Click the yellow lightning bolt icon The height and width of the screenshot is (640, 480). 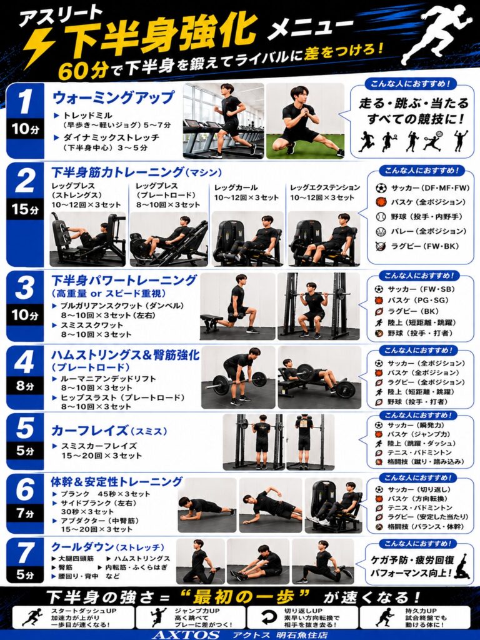[x=39, y=48]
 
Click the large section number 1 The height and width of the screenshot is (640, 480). [x=25, y=101]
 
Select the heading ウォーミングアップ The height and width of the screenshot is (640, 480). [x=114, y=97]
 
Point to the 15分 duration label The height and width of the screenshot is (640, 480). [x=25, y=209]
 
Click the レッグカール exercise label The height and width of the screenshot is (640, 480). [x=236, y=187]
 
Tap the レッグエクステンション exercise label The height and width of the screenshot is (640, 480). [x=325, y=187]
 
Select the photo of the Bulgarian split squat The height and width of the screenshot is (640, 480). [x=237, y=306]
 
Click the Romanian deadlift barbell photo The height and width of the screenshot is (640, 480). [x=238, y=377]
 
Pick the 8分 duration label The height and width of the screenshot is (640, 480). [x=25, y=386]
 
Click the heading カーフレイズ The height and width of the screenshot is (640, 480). [x=89, y=431]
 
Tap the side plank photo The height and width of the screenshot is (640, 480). [x=270, y=506]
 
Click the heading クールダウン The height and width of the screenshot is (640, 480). [x=82, y=547]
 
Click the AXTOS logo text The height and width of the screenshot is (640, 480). [x=186, y=635]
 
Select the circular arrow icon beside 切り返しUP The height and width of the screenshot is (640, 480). [x=267, y=617]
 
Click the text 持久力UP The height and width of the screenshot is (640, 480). [x=421, y=611]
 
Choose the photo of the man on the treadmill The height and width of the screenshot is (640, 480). [x=224, y=121]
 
